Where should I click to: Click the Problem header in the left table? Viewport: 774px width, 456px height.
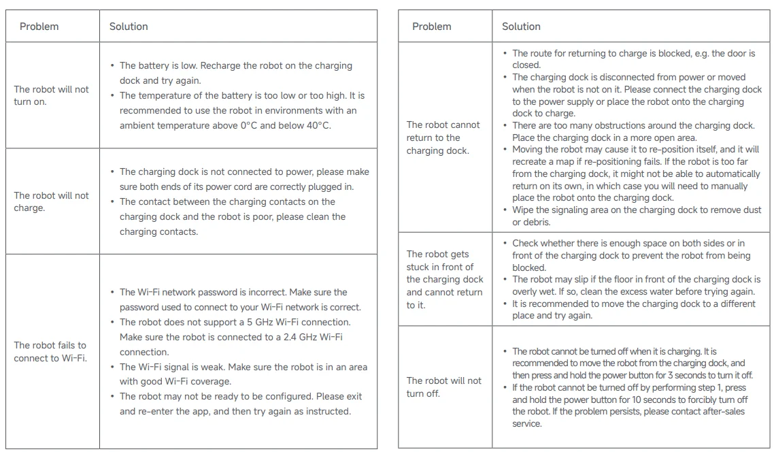[x=39, y=27]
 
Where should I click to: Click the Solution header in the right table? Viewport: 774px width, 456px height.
[x=521, y=27]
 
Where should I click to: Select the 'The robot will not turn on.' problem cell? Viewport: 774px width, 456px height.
[x=51, y=95]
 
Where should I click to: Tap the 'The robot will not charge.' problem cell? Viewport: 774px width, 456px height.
[x=51, y=201]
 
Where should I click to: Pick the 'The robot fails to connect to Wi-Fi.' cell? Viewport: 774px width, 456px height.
[x=50, y=351]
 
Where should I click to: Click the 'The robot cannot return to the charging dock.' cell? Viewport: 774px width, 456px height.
[x=443, y=137]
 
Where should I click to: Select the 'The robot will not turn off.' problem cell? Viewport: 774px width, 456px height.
[x=443, y=387]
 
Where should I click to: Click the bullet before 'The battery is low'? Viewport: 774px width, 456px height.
[x=112, y=66]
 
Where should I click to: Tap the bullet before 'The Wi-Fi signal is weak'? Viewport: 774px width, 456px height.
[x=112, y=367]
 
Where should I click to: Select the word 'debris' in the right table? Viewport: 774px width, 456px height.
[x=526, y=223]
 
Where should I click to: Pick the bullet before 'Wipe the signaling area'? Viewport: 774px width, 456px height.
[x=505, y=210]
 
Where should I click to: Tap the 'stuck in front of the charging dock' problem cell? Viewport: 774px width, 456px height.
[x=445, y=280]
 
